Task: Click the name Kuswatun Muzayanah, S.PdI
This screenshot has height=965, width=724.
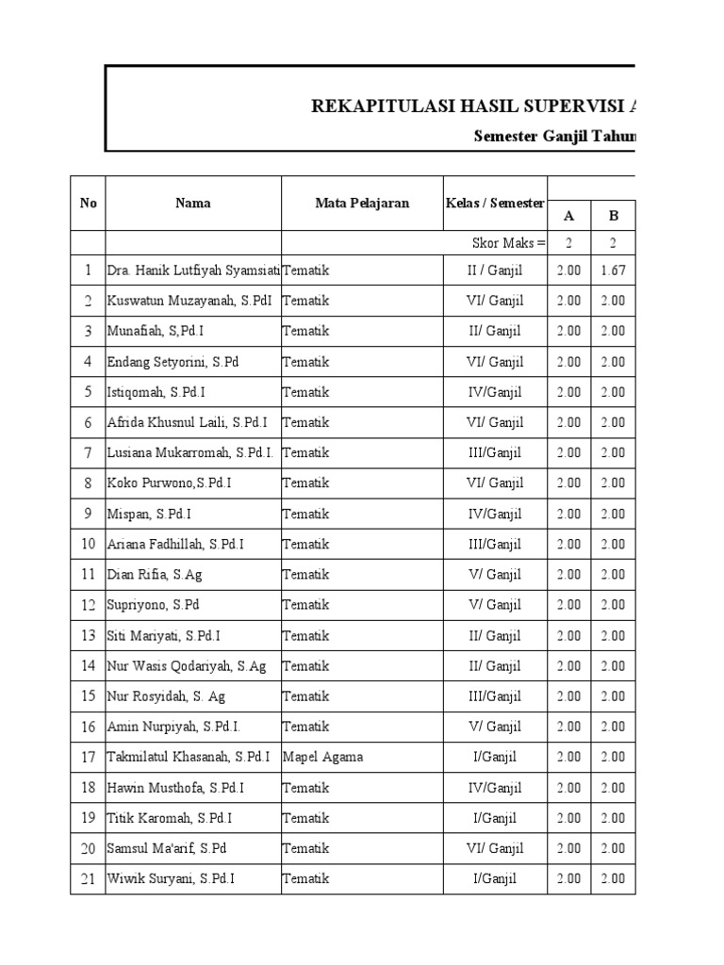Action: coord(180,301)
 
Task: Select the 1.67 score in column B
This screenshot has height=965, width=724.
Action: coord(613,270)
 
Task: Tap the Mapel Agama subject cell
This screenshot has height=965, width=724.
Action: coord(322,757)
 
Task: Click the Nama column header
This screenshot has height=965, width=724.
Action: coord(192,203)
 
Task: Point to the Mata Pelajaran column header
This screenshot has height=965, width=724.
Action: coord(362,203)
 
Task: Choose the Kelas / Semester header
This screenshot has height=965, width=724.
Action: coord(495,203)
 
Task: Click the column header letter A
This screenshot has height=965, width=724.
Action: coord(568,216)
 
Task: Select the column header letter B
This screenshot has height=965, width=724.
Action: coord(613,216)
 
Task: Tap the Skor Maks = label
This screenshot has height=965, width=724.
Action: coord(508,243)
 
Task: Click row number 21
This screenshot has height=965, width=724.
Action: coord(88,879)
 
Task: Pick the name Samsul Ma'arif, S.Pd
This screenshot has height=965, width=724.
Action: coord(167,848)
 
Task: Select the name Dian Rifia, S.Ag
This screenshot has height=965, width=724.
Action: coord(153,574)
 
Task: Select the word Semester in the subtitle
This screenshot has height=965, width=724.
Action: coord(503,136)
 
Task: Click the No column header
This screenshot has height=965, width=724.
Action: coord(88,203)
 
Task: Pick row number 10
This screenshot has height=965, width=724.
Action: coord(88,544)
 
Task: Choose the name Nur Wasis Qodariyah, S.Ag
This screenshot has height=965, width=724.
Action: coord(187,665)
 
